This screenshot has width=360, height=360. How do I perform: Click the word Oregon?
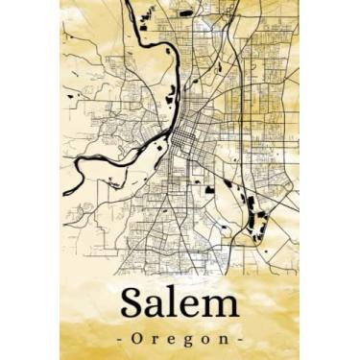tap(180, 339)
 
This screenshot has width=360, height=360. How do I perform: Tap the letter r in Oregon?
tap(158, 340)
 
